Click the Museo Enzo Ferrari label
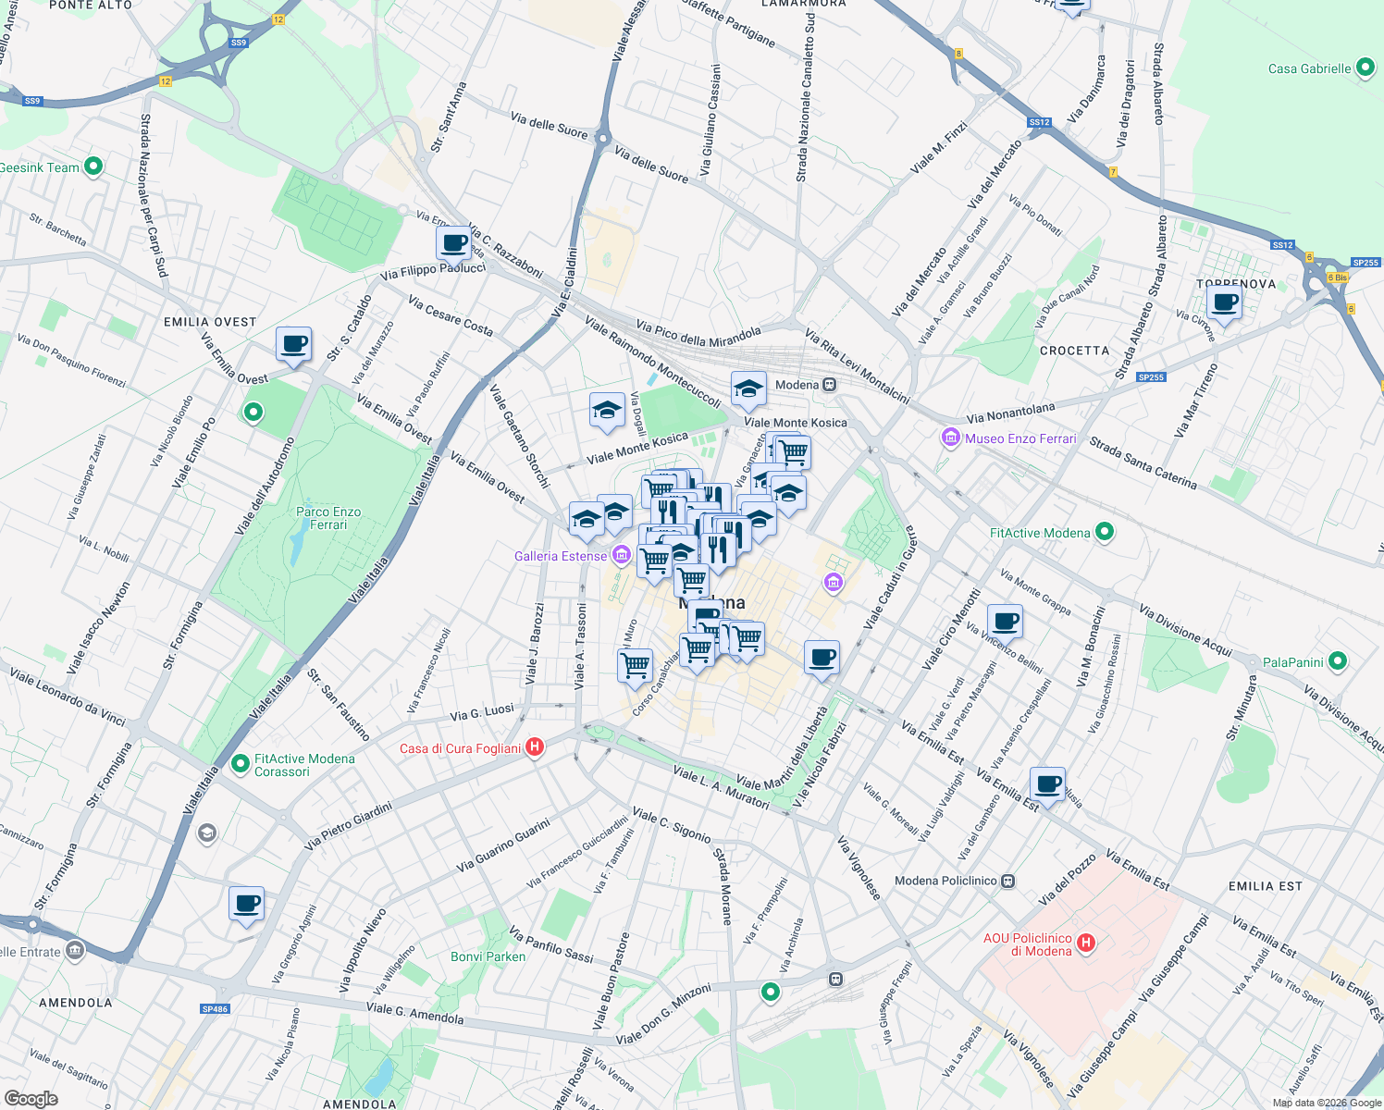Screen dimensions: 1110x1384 [1020, 438]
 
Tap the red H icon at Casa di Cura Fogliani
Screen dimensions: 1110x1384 [535, 747]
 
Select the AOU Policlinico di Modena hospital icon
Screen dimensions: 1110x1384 [1086, 943]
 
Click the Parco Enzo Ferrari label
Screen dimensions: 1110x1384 [328, 518]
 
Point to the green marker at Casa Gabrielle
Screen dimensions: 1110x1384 [1365, 68]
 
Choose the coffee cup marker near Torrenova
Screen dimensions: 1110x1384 [1225, 302]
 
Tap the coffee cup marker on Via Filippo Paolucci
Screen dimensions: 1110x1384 [454, 244]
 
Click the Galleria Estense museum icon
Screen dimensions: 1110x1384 [622, 556]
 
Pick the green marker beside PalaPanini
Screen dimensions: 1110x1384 [1337, 661]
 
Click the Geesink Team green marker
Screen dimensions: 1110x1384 [93, 166]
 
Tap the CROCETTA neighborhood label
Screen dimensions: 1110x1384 [1074, 351]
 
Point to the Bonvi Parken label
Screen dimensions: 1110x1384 [488, 956]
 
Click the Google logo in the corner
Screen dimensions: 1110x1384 [31, 1099]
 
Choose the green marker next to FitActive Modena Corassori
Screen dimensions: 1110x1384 [241, 764]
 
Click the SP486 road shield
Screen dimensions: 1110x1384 [215, 1009]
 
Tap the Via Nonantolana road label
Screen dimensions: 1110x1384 [1010, 413]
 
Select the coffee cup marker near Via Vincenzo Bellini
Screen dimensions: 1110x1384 [1005, 622]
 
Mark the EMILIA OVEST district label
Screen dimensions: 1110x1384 [210, 322]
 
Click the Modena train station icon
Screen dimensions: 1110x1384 [830, 385]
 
